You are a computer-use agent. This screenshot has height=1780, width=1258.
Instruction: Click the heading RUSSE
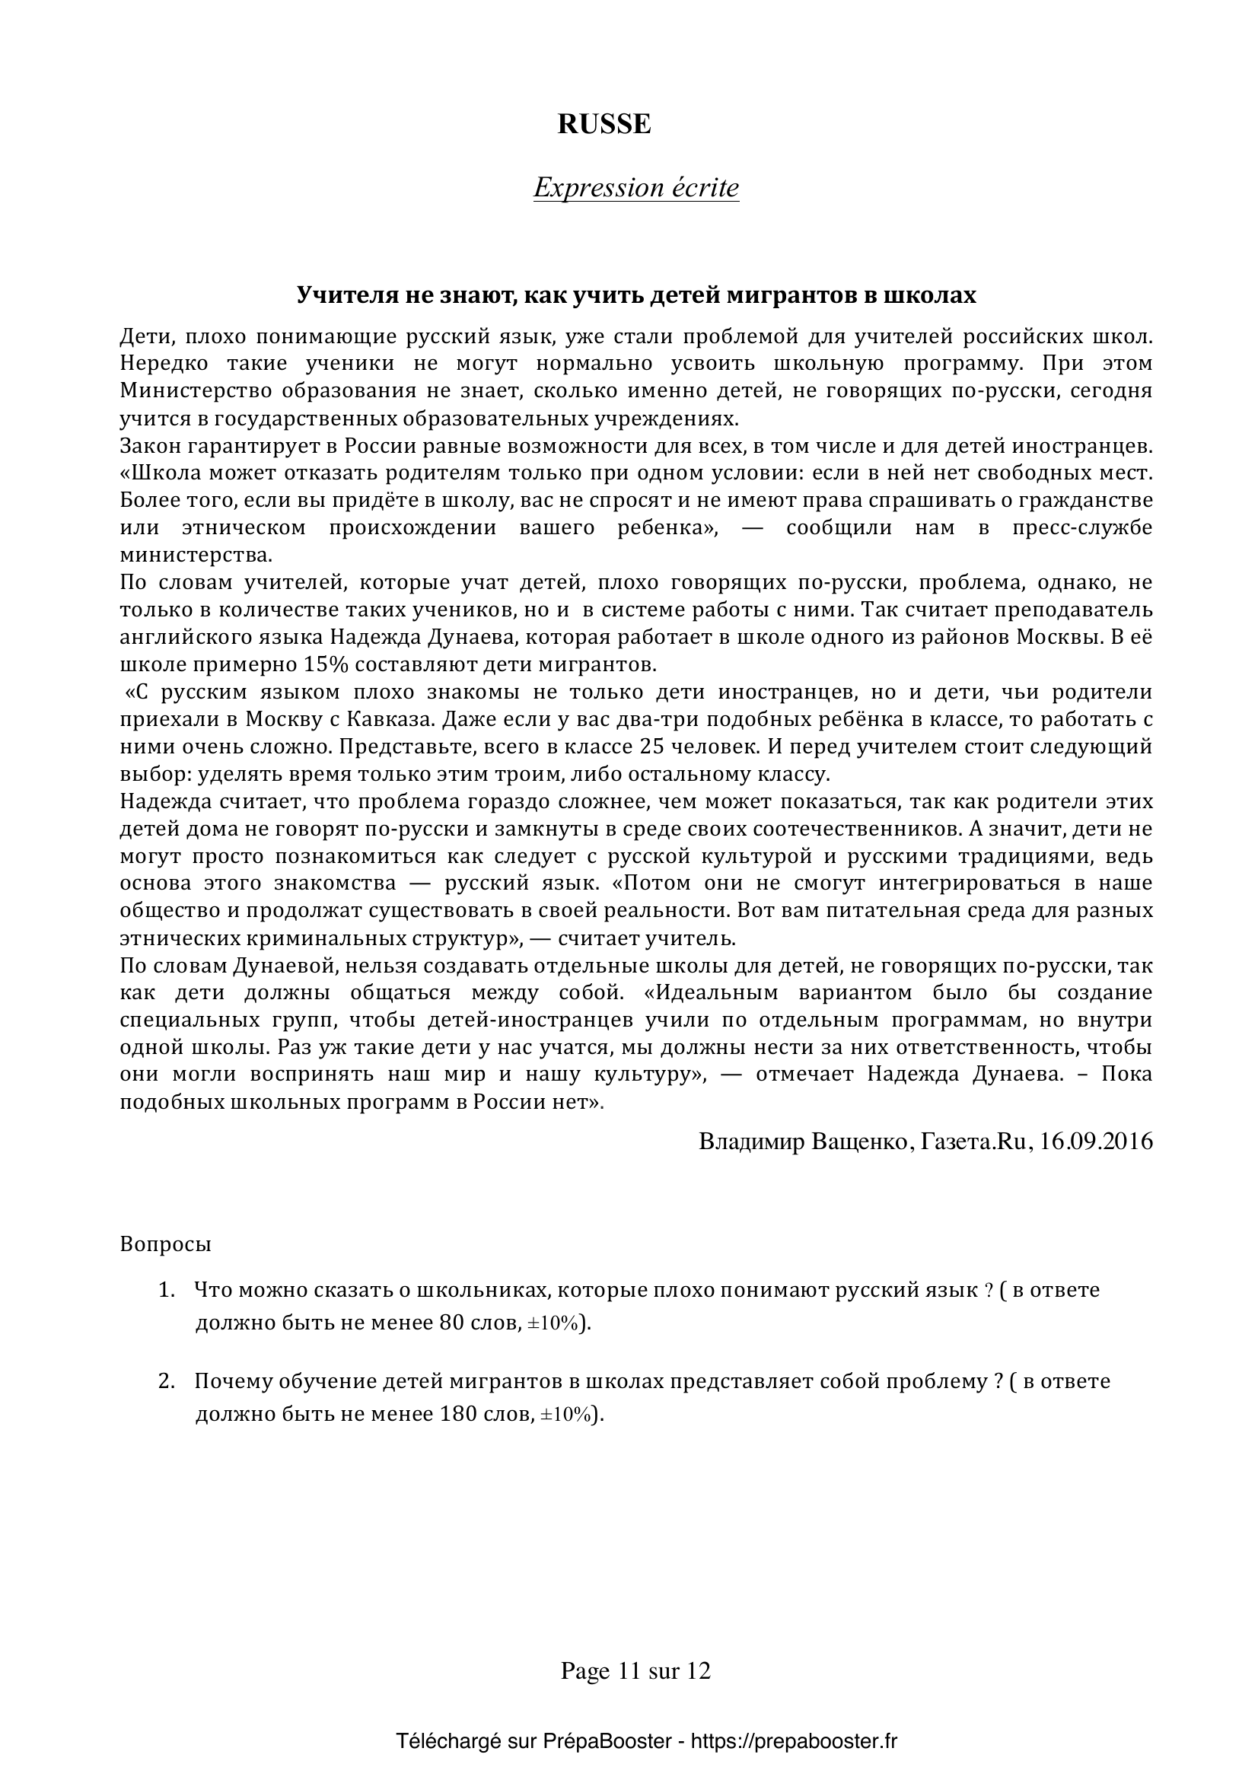[604, 125]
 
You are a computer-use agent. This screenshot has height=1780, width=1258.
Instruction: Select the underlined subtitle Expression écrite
[635, 189]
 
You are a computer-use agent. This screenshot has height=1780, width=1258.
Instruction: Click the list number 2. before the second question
[167, 1381]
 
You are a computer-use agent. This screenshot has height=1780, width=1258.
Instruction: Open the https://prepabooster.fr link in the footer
[794, 1741]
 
